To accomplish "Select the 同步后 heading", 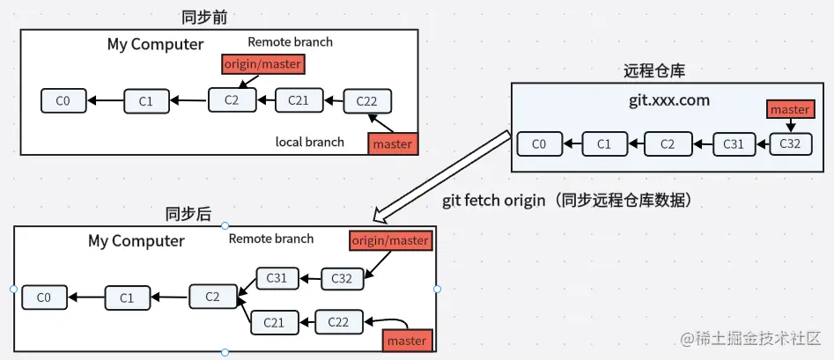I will pos(188,214).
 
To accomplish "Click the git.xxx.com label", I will pos(668,100).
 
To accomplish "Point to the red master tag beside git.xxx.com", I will pos(789,110).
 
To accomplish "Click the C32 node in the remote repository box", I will pos(789,143).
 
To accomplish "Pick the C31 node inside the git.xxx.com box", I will pos(733,143).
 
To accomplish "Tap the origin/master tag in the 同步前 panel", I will pos(262,63).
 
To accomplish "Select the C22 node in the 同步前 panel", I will pos(366,100).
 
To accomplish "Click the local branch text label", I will pos(310,142).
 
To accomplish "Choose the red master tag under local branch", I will pos(392,143).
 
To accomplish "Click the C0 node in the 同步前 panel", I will pos(63,100).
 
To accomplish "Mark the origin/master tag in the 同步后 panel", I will pos(390,240).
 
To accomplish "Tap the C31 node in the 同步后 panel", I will pos(277,278).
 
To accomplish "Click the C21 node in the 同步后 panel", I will pos(274,323).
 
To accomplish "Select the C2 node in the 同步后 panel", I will pos(212,297).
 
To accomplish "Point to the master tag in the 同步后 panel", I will pos(406,340).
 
